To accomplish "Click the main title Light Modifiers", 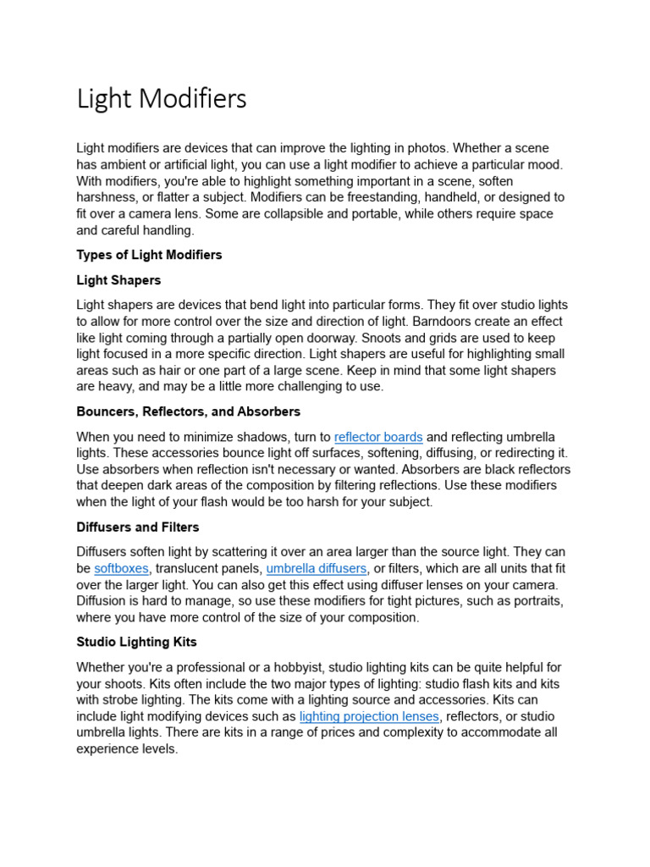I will coord(162,99).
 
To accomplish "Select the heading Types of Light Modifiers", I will coord(149,255).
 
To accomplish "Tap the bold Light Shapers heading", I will coord(118,279).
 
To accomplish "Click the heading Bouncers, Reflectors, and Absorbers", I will coord(188,411).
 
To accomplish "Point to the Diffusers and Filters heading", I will coord(138,527).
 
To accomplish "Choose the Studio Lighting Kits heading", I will coord(135,642).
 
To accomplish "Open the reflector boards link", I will coord(378,437).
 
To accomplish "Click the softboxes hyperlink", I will coord(121,568).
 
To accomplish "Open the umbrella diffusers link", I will coord(317,568).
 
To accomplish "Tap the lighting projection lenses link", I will coord(369,716).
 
